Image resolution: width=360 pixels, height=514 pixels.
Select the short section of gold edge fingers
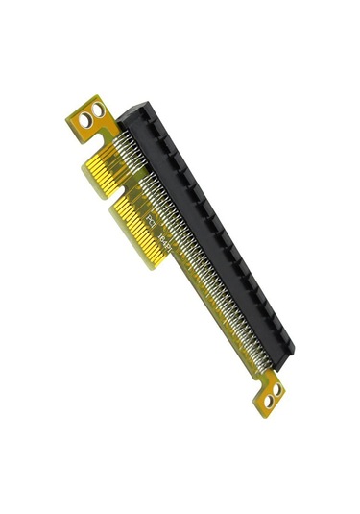tap(106, 168)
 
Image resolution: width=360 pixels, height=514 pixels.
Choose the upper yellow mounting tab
tap(90, 117)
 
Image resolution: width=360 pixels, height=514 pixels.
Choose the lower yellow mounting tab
tap(271, 395)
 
